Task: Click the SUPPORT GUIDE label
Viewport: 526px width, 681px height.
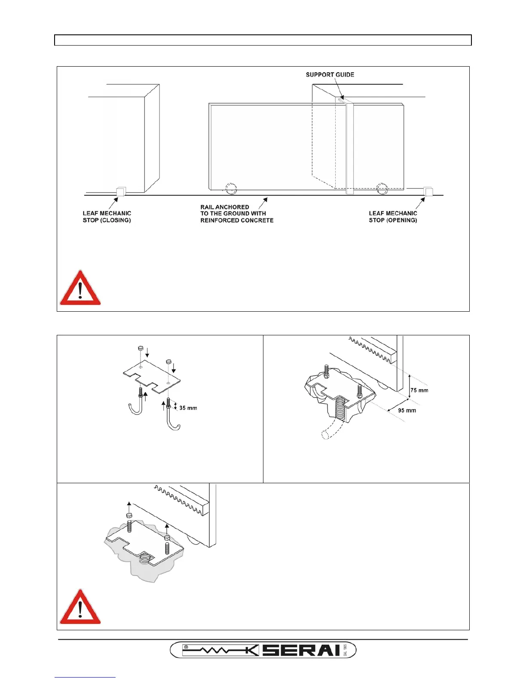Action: (330, 75)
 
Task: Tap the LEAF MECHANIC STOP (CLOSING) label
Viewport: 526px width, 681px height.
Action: (107, 217)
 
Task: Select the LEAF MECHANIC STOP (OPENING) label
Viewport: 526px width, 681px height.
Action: (393, 217)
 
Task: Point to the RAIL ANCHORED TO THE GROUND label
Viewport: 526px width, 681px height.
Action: (237, 214)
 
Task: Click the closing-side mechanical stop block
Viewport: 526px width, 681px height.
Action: (121, 191)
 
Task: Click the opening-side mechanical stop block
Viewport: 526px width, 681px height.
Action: (428, 191)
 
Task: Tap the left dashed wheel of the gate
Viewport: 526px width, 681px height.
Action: (231, 189)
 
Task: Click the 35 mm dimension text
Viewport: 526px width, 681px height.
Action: (188, 408)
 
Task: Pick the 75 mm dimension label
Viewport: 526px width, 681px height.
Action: (419, 390)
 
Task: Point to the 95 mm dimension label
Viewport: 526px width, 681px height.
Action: (407, 411)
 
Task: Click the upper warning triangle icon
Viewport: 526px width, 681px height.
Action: (80, 288)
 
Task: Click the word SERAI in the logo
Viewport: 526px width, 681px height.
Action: (301, 650)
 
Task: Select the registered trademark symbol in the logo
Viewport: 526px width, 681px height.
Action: (186, 646)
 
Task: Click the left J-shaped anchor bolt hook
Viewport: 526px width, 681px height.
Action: (135, 408)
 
